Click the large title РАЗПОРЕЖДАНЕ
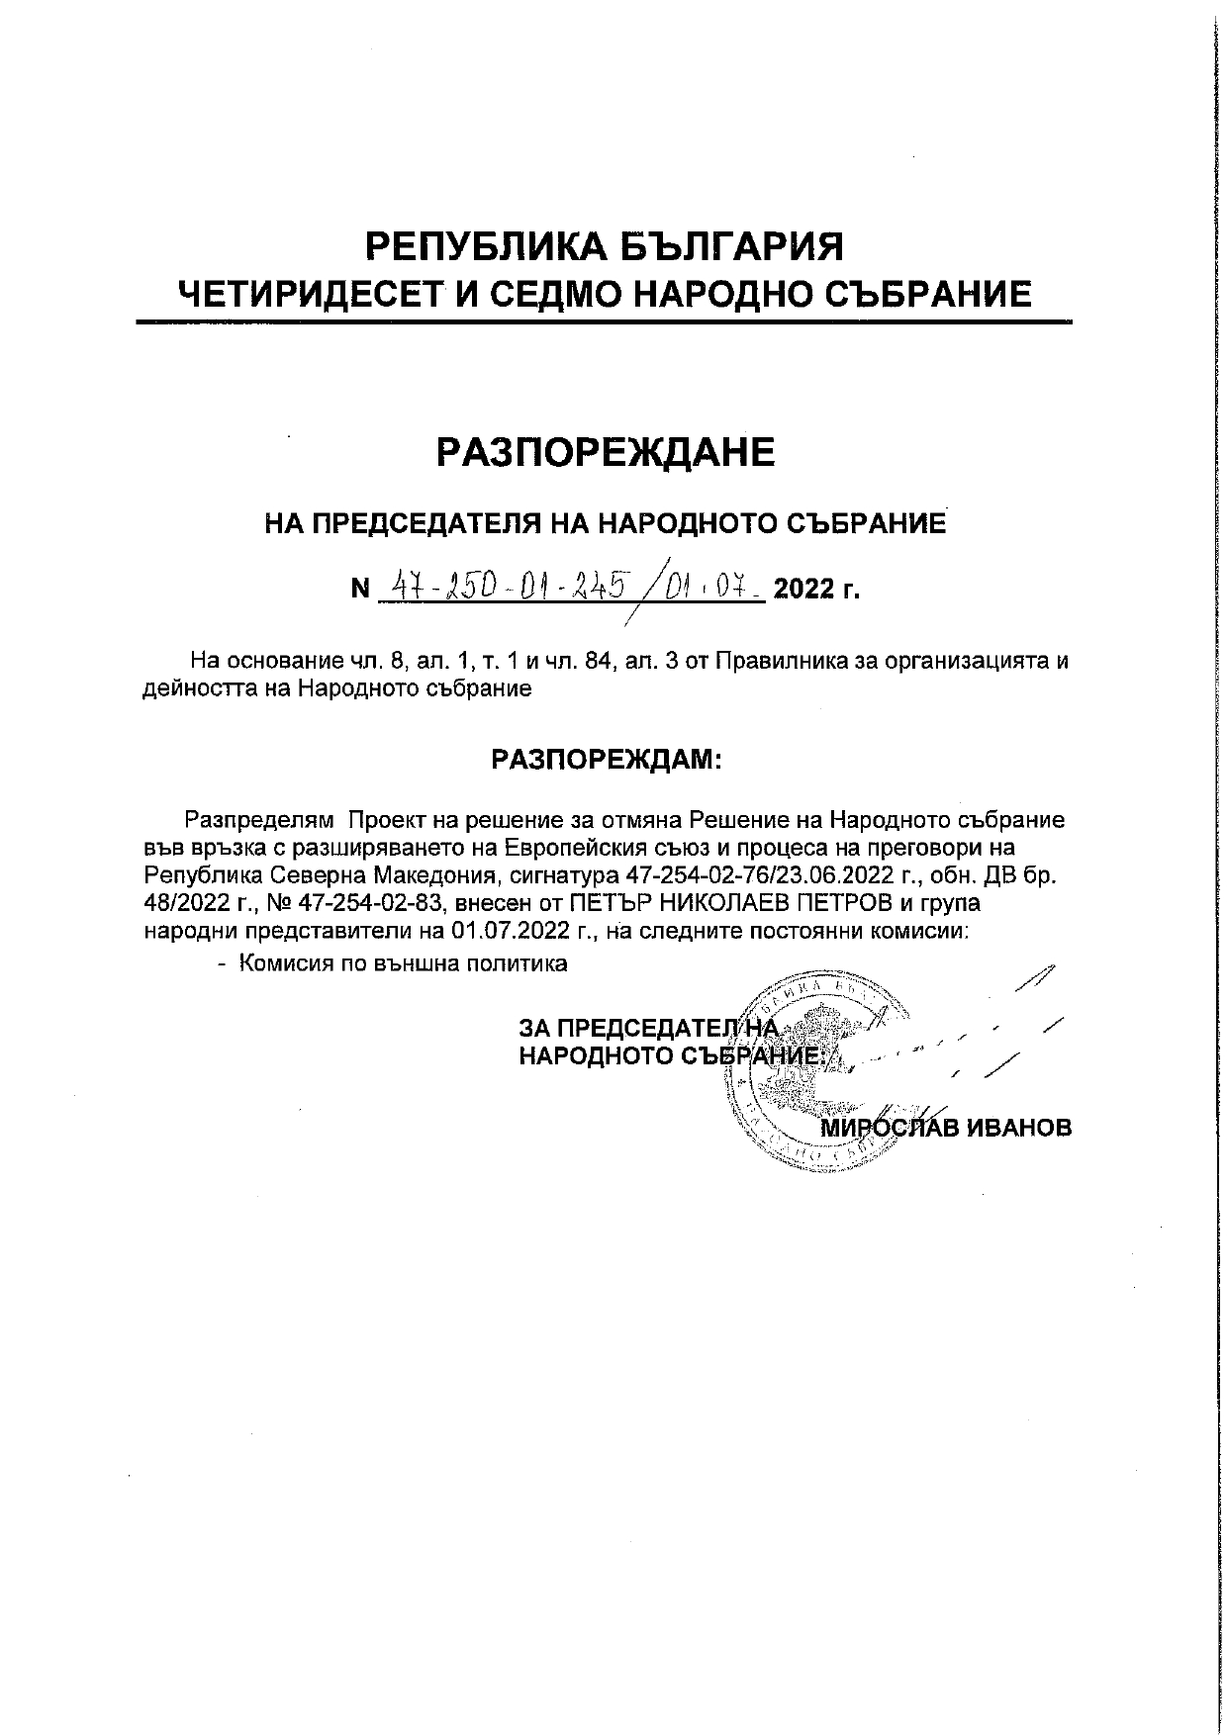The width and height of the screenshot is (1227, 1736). (x=606, y=452)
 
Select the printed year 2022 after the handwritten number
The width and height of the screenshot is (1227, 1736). (x=803, y=591)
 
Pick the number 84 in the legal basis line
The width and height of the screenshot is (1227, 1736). (x=598, y=661)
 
